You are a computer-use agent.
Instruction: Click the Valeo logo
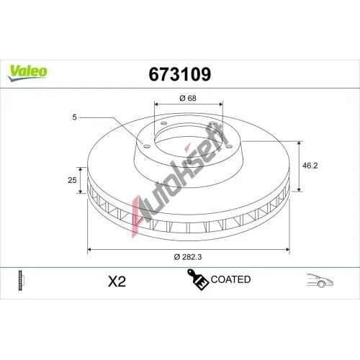[x=27, y=73]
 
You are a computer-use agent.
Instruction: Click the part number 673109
[x=180, y=74]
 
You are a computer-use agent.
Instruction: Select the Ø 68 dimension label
[x=188, y=98]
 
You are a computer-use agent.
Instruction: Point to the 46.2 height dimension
[x=310, y=166]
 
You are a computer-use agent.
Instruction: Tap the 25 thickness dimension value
[x=72, y=180]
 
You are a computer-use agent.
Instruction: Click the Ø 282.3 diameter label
[x=188, y=257]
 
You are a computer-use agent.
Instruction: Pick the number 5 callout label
[x=74, y=117]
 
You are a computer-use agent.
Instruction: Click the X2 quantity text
[x=117, y=282]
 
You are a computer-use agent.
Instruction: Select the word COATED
[x=230, y=279]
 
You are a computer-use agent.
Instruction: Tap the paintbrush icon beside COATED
[x=197, y=279]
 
